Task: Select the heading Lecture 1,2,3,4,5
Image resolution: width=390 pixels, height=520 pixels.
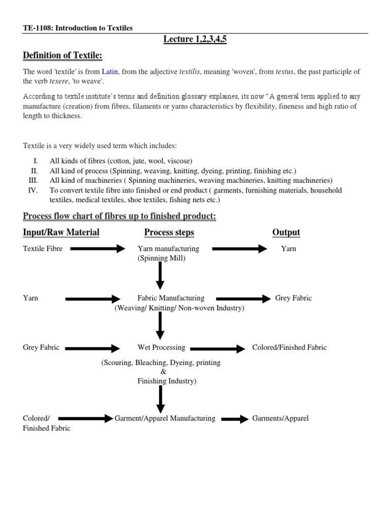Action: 194,40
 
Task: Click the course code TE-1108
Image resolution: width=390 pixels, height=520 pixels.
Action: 37,28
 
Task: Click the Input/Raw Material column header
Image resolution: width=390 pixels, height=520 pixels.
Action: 61,233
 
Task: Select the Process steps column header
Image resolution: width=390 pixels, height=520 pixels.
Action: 169,233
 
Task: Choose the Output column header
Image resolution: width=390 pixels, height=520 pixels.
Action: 286,233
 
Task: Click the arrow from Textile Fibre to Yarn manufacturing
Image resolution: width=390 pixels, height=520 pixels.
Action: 97,249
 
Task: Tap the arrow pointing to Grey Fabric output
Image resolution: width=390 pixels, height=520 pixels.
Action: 244,299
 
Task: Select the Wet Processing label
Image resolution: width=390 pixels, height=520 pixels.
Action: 161,348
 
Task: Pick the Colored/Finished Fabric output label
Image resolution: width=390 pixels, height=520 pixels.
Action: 289,348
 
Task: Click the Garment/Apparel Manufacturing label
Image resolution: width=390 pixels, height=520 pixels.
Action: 165,418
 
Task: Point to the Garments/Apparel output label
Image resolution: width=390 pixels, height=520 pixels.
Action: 280,418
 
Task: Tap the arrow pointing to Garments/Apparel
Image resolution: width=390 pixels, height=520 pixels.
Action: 234,419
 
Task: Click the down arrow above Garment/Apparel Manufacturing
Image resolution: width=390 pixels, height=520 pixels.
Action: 160,398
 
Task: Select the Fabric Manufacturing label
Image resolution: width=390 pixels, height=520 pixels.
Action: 171,298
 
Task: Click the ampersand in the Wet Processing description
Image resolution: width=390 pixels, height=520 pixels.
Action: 163,372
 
